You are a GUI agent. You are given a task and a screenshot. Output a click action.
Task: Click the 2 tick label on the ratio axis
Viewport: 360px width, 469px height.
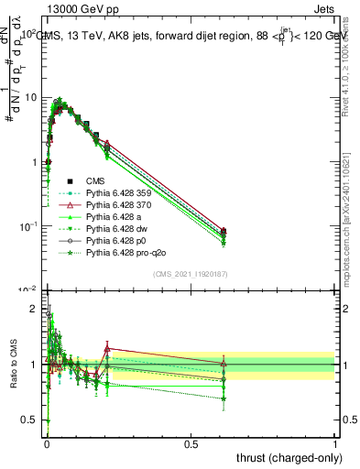[36, 309]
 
